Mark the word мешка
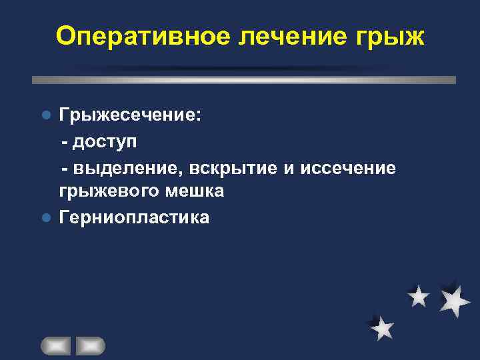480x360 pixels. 197,191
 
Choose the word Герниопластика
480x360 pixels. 134,217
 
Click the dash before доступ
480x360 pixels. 65,142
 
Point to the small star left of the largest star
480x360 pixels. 419,296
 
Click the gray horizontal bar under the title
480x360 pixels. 244,79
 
